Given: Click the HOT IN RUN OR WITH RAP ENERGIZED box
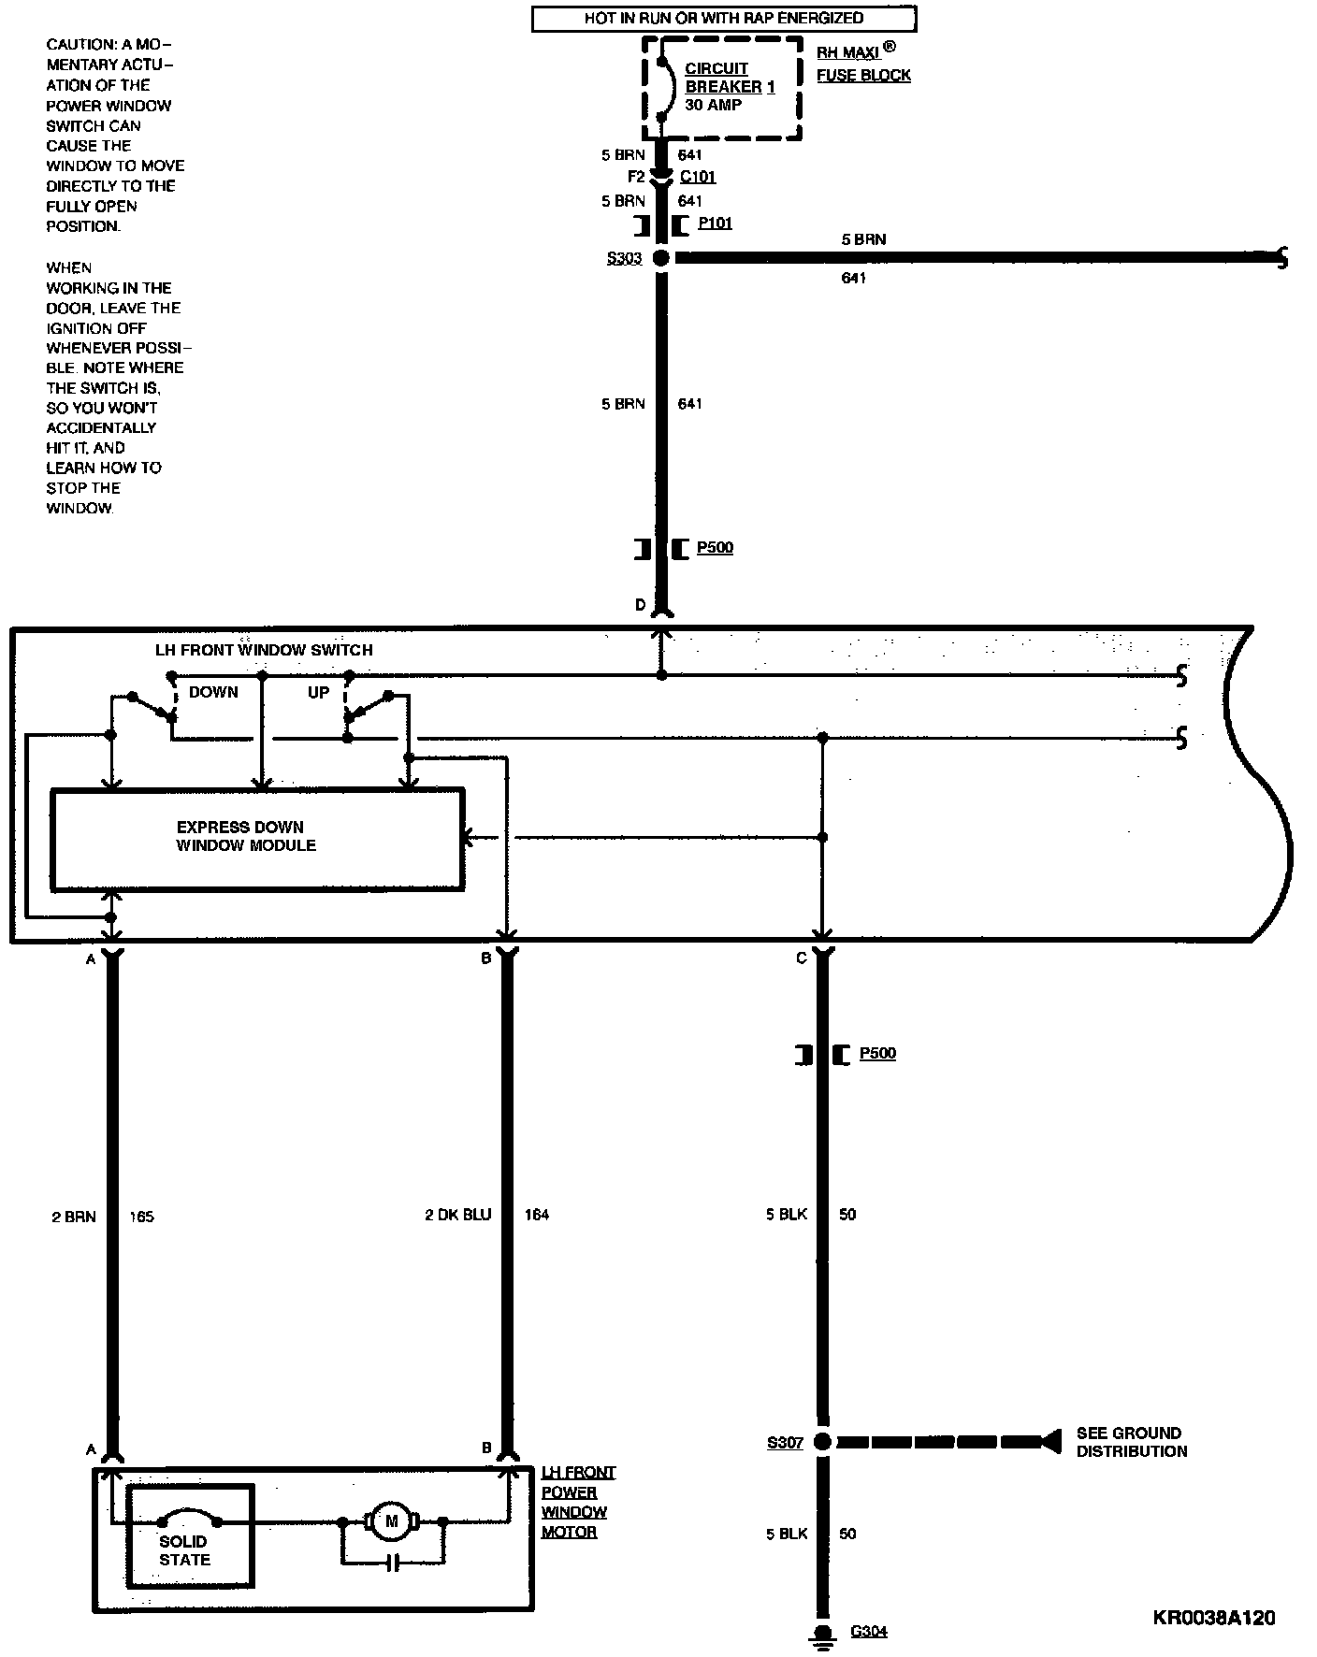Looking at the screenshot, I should pyautogui.click(x=723, y=19).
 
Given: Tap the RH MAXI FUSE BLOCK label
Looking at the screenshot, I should pyautogui.click(x=863, y=64).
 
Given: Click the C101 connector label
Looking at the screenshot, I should pyautogui.click(x=698, y=177).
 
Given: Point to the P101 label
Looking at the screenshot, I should pyautogui.click(x=715, y=223).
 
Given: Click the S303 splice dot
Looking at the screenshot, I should pyautogui.click(x=661, y=258).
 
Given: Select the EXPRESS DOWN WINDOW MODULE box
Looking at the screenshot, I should pyautogui.click(x=257, y=838).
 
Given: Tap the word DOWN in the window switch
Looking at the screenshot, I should pyautogui.click(x=213, y=692).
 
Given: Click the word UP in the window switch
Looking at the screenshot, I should pyautogui.click(x=318, y=692).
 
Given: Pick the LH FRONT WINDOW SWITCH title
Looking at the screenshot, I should pyautogui.click(x=264, y=650).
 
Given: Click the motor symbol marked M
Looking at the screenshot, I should pyautogui.click(x=392, y=1521).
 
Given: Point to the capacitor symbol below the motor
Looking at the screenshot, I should pyautogui.click(x=394, y=1563).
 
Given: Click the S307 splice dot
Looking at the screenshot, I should pyautogui.click(x=822, y=1442).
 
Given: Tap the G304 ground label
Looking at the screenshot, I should pyautogui.click(x=868, y=1632).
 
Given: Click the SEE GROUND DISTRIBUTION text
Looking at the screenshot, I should pyautogui.click(x=1131, y=1442).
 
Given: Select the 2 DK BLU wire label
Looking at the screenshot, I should pyautogui.click(x=457, y=1215).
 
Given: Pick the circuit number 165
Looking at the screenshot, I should pyautogui.click(x=141, y=1217).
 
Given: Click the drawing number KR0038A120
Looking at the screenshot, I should pyautogui.click(x=1214, y=1618).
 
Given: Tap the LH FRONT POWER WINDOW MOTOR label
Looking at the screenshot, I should pyautogui.click(x=577, y=1501).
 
